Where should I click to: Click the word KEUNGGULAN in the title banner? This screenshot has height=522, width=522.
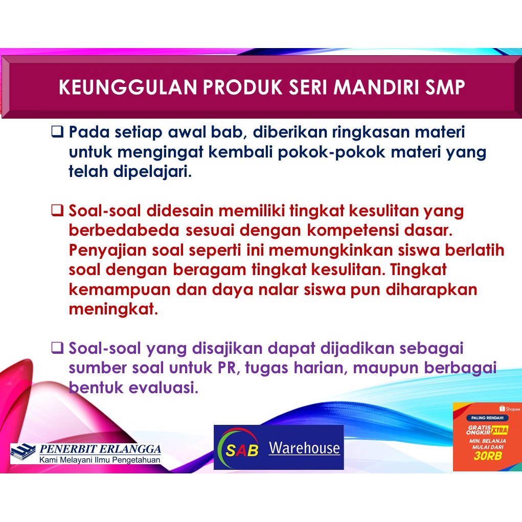[128, 87]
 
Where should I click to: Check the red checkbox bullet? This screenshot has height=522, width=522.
[57, 210]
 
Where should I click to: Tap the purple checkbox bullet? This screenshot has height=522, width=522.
[57, 348]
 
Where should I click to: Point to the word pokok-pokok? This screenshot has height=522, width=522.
[332, 152]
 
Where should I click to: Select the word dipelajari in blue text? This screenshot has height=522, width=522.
[152, 172]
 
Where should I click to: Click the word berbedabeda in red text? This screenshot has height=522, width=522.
[124, 230]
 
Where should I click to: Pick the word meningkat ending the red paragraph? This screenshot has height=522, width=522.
[113, 309]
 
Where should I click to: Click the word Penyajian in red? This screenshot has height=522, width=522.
[107, 251]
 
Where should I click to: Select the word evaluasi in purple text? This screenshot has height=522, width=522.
[163, 388]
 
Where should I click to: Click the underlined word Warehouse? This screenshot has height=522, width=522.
[304, 448]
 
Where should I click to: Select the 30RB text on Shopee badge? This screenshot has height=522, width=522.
[487, 456]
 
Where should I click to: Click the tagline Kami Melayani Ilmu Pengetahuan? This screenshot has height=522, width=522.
[100, 460]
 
